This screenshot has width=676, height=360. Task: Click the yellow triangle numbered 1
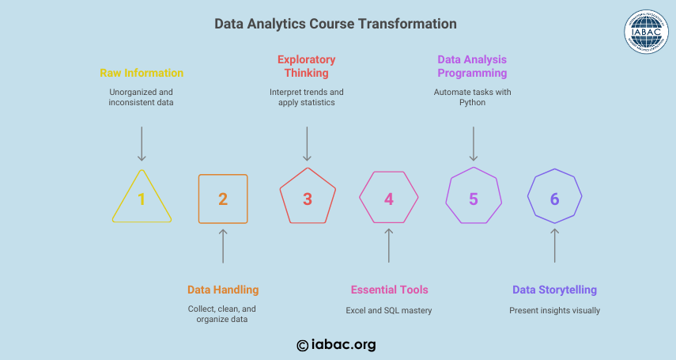click(x=127, y=196)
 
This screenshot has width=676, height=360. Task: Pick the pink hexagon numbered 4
click(x=366, y=184)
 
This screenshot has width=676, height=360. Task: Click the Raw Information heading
click(x=142, y=73)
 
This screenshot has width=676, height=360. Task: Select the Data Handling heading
click(x=223, y=290)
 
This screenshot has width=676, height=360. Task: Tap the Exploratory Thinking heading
click(x=307, y=66)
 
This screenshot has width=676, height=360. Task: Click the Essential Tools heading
click(x=389, y=290)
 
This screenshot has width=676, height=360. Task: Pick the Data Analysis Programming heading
click(x=472, y=66)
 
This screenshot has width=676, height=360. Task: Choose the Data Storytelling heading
click(x=554, y=290)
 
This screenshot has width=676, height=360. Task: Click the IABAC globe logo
click(x=646, y=32)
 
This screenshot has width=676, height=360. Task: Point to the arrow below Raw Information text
click(x=142, y=144)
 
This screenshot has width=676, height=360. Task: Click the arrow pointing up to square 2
click(x=223, y=246)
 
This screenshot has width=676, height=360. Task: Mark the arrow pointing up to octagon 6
click(x=555, y=245)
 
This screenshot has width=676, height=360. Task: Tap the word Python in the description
click(x=472, y=103)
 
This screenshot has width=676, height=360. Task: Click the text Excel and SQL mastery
click(x=389, y=310)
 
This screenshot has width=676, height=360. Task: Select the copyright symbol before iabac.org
click(x=302, y=345)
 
